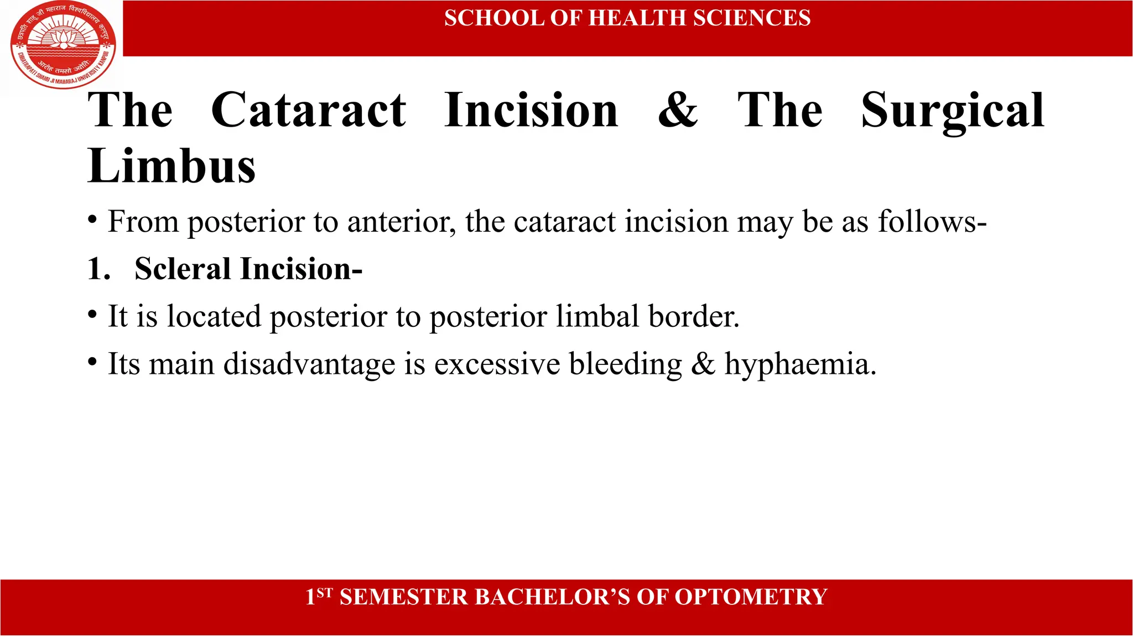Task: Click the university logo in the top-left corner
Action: click(63, 45)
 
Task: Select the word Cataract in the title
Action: click(309, 110)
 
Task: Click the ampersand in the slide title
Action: click(678, 110)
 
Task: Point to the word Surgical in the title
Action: click(952, 111)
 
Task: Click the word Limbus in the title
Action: click(171, 166)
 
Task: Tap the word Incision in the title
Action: click(531, 110)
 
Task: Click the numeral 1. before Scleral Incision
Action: click(99, 269)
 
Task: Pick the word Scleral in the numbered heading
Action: click(183, 269)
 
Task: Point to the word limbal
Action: click(597, 317)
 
